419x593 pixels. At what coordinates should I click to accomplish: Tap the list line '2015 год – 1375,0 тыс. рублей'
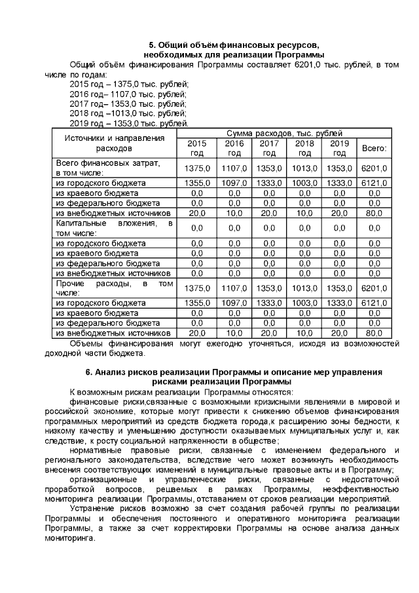click(128, 84)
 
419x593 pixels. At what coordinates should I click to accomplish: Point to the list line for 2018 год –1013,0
click(128, 113)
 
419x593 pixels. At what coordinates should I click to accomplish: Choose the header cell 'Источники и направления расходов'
click(113, 143)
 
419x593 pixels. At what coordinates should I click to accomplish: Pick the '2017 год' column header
click(269, 148)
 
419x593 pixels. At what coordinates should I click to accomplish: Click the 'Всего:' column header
click(374, 148)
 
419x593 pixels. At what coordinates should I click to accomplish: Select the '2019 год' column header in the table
click(339, 148)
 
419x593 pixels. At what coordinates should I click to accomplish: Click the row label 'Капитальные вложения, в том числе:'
click(113, 228)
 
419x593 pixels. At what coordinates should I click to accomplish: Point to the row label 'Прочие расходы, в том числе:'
click(113, 288)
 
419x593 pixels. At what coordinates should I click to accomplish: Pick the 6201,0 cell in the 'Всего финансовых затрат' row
click(374, 168)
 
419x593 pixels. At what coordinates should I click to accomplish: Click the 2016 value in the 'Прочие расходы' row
click(234, 289)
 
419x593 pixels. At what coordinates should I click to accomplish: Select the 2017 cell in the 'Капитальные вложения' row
click(269, 229)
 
